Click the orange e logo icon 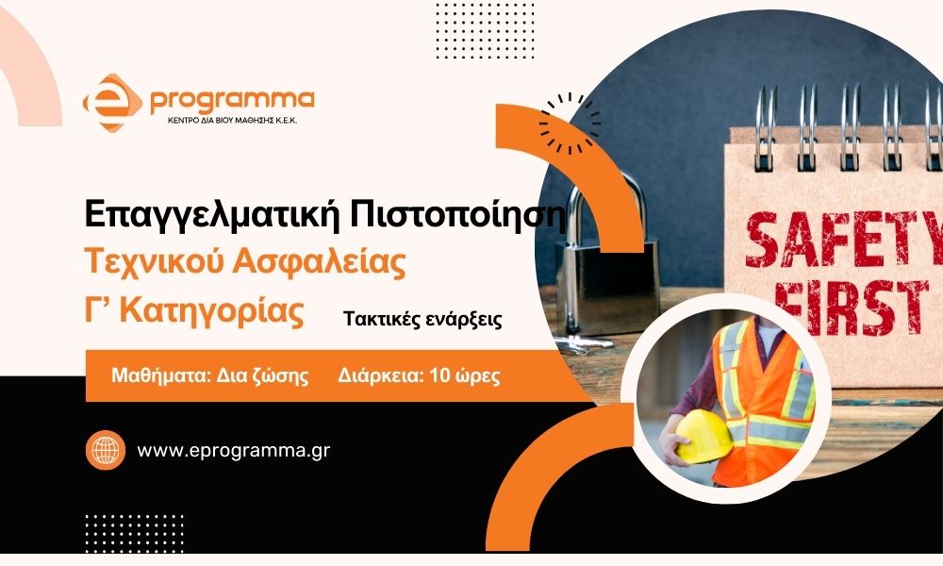(x=112, y=102)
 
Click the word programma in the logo (x=232, y=101)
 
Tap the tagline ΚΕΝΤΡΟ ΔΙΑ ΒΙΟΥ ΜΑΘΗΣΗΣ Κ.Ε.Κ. (x=232, y=121)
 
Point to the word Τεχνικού (x=155, y=261)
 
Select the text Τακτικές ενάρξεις (x=422, y=319)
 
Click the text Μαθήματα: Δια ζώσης (x=210, y=375)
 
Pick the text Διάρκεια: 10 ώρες (x=419, y=375)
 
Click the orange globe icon (x=106, y=450)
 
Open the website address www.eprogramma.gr (x=233, y=451)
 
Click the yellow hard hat (x=703, y=436)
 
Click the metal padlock (x=604, y=265)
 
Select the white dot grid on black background (x=134, y=533)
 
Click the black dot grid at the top (x=484, y=31)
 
